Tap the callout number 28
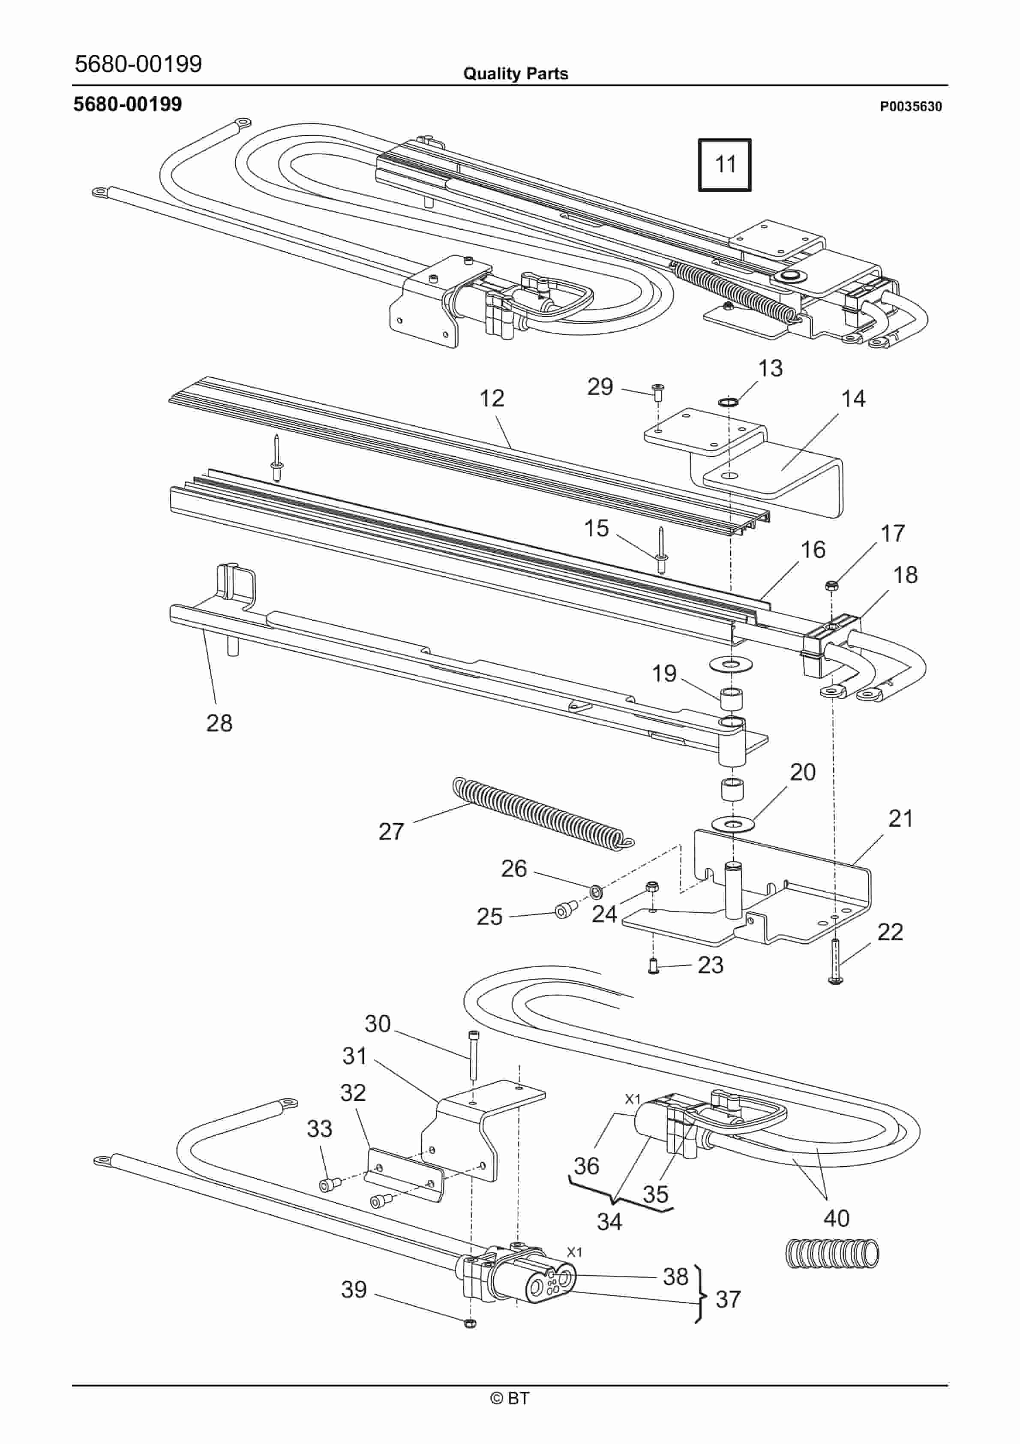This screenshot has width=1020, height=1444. click(219, 723)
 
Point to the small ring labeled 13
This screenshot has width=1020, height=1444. click(728, 401)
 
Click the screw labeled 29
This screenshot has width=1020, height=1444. click(658, 392)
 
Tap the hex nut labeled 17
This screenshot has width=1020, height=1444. click(831, 586)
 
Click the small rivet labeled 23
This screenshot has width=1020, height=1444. click(653, 964)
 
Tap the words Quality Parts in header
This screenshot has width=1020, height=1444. click(515, 74)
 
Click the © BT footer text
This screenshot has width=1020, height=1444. click(510, 1398)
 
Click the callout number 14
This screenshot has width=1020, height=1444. click(853, 399)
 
